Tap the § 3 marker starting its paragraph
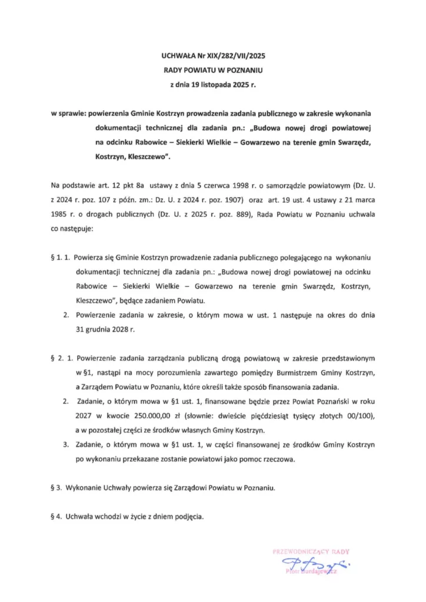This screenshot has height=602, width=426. coord(57,487)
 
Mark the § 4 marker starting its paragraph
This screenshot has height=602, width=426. coord(57,516)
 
